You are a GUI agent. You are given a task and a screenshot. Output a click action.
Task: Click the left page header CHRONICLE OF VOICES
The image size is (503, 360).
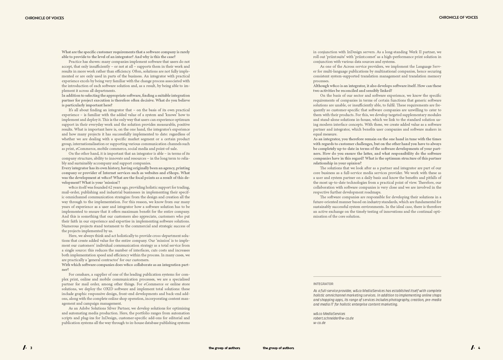pyautogui.click(x=44, y=18)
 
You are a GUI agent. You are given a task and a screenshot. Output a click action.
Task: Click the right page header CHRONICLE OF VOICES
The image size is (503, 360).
pyautogui.click(x=458, y=18)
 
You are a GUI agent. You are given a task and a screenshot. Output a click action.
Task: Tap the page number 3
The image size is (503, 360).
pyautogui.click(x=31, y=348)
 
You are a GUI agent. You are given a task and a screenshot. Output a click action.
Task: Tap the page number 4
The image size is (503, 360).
pyautogui.click(x=479, y=348)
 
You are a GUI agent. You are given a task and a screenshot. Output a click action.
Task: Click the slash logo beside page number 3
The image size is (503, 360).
pyautogui.click(x=24, y=348)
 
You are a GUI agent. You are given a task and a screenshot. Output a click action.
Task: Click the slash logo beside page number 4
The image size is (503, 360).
pyautogui.click(x=472, y=348)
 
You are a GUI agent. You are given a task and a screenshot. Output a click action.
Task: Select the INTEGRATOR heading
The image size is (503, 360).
pyautogui.click(x=323, y=284)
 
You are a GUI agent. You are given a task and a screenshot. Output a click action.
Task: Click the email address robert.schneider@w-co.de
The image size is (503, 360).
pyautogui.click(x=333, y=318)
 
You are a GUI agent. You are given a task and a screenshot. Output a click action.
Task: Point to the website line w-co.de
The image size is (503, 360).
pyautogui.click(x=319, y=323)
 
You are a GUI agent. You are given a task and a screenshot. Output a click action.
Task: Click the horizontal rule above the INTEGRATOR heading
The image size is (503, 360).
pyautogui.click(x=377, y=276)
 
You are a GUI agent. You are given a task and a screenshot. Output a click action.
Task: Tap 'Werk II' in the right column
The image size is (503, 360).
pyautogui.click(x=416, y=52)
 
